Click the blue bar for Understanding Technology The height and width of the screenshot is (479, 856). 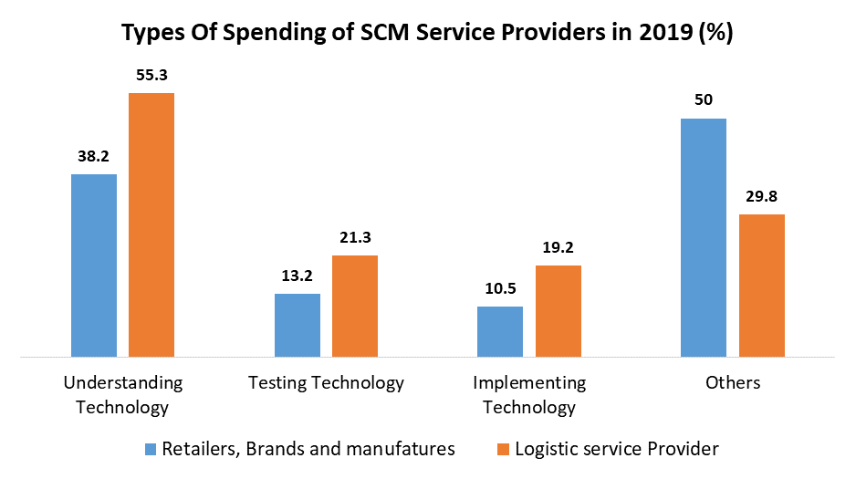(x=94, y=265)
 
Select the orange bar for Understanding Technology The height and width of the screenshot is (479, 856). (x=151, y=224)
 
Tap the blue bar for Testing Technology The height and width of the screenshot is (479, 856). (x=298, y=325)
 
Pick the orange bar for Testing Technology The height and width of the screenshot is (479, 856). (x=355, y=306)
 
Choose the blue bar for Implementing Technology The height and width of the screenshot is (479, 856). (x=500, y=331)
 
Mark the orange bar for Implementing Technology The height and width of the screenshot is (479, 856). (x=558, y=310)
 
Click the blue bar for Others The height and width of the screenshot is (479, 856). (x=704, y=237)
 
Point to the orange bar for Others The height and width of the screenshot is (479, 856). (x=761, y=285)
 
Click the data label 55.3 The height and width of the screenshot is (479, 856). (x=151, y=75)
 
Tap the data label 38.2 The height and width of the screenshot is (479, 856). (x=94, y=156)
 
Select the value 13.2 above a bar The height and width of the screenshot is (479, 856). (x=298, y=276)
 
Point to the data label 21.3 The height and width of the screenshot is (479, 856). (x=355, y=237)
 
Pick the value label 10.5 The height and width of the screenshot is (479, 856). (x=500, y=288)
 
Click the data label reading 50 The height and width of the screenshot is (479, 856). (x=704, y=100)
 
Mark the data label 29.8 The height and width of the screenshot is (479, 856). (x=761, y=196)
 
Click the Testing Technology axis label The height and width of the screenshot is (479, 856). (x=326, y=382)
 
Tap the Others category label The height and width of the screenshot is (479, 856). (x=733, y=382)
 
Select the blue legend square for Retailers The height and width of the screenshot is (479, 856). (x=151, y=449)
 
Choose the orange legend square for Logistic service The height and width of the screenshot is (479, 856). (x=504, y=449)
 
